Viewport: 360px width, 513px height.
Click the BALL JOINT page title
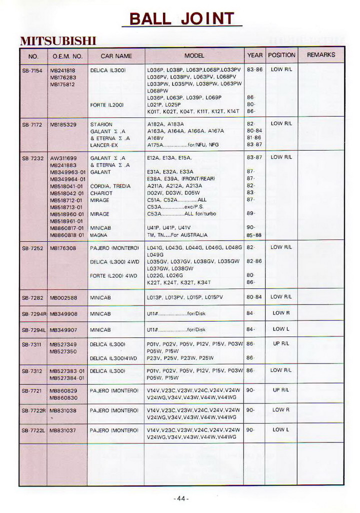tap(181, 19)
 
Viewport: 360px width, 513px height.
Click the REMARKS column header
tap(321, 55)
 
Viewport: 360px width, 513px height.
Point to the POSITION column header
tap(281, 55)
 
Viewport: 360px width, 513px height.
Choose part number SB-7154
tap(32, 70)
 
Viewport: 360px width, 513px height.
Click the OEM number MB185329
tap(63, 124)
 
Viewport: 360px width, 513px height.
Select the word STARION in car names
tap(101, 124)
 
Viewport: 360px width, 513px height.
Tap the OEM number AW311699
tap(63, 158)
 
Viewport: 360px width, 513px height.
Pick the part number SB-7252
tap(32, 248)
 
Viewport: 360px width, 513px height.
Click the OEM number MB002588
tap(63, 297)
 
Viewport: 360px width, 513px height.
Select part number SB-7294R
tap(33, 314)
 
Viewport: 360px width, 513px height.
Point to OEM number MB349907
tap(63, 330)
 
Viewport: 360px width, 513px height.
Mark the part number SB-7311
tap(32, 344)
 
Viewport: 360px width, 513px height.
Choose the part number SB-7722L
tap(33, 430)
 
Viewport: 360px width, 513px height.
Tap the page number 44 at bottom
tap(180, 498)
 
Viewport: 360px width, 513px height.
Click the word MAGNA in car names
tap(99, 235)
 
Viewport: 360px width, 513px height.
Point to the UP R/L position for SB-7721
tap(280, 390)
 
